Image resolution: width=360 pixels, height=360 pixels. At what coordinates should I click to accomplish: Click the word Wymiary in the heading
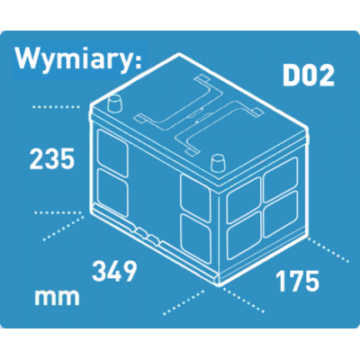[x=73, y=59]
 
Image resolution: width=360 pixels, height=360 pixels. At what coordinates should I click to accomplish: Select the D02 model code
[x=309, y=76]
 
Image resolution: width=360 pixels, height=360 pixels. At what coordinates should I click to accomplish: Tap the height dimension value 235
[x=51, y=158]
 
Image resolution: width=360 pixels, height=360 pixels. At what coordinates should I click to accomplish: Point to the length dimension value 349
[x=114, y=271]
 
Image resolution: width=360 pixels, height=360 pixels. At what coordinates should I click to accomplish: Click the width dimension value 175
[x=298, y=281]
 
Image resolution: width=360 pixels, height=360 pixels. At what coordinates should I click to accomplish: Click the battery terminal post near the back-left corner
[x=115, y=103]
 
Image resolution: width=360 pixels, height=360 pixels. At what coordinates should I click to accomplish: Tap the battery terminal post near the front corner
[x=218, y=164]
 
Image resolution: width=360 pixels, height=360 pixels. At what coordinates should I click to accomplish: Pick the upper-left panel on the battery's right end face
[x=244, y=200]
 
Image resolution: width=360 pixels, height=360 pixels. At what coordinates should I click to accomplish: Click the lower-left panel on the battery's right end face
[x=244, y=236]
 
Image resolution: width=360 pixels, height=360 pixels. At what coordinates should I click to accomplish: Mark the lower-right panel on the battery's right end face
[x=281, y=214]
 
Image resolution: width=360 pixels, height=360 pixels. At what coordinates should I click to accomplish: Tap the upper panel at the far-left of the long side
[x=113, y=153]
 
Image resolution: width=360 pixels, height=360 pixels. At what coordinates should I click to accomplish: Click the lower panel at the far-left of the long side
[x=113, y=191]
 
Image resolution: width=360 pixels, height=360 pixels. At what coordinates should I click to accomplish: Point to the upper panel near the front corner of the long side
[x=195, y=198]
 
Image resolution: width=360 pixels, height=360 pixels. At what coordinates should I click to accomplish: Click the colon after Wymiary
[x=138, y=61]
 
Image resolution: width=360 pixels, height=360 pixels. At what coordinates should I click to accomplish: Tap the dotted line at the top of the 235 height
[x=56, y=107]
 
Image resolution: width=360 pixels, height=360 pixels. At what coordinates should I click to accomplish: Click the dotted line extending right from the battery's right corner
[x=328, y=250]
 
